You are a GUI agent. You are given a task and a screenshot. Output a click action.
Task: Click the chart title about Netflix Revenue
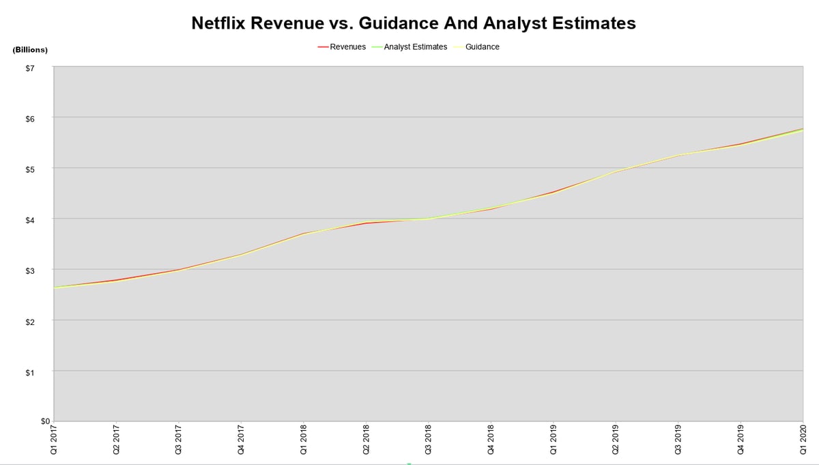click(413, 23)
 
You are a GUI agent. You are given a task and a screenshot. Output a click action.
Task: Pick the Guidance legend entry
click(482, 47)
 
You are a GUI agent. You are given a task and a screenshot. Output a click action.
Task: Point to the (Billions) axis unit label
click(30, 51)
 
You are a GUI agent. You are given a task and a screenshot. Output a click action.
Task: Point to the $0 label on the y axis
click(46, 421)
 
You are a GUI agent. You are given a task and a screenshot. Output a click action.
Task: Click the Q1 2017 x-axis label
click(53, 440)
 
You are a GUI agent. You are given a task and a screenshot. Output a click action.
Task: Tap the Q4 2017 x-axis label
click(241, 440)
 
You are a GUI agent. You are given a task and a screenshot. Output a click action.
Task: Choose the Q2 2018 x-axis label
click(366, 440)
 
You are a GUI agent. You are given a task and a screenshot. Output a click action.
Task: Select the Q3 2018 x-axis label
click(428, 440)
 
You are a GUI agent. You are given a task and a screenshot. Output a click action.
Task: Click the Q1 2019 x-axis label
click(553, 440)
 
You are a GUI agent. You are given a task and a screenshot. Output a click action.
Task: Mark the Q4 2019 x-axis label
click(741, 440)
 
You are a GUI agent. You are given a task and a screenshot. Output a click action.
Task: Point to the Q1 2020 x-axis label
click(803, 440)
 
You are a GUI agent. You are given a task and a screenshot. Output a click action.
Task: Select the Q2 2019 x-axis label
click(616, 440)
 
